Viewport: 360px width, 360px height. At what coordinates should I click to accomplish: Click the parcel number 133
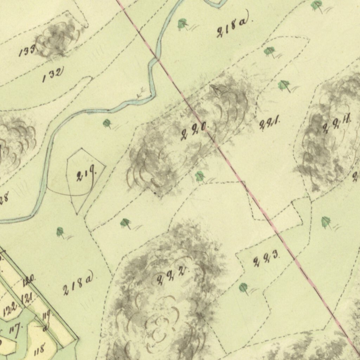click(x=27, y=51)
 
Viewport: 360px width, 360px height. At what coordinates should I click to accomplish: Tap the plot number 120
click(x=28, y=281)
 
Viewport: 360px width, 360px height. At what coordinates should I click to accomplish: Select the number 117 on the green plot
click(x=14, y=330)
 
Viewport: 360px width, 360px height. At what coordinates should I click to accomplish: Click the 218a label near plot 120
click(x=78, y=284)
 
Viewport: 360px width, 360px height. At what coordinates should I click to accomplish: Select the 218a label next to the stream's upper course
click(x=232, y=28)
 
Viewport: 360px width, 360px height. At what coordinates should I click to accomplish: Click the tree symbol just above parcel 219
click(x=107, y=123)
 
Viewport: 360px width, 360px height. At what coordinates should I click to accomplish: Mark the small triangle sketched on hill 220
click(x=215, y=90)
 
